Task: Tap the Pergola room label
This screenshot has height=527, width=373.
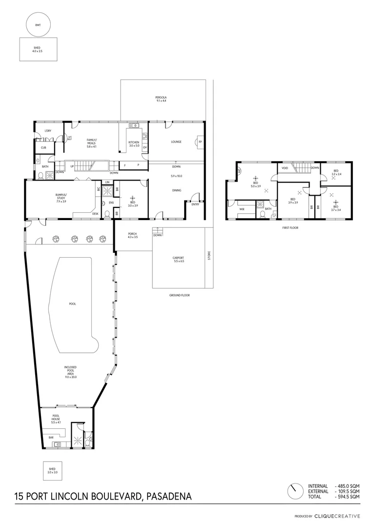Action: click(x=162, y=99)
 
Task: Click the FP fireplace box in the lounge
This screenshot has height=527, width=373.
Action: click(x=200, y=142)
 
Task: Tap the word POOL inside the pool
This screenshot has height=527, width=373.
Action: click(x=72, y=304)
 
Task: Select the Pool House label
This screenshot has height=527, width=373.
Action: click(x=56, y=419)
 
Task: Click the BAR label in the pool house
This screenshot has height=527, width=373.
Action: click(x=51, y=437)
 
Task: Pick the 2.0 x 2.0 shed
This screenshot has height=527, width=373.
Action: click(x=52, y=471)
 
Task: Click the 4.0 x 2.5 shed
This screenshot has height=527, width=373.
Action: click(x=38, y=49)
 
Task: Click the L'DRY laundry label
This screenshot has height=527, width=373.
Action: click(x=48, y=131)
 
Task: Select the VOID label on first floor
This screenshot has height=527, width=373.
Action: click(x=284, y=168)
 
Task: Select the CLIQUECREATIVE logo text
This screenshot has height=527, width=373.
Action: click(x=337, y=516)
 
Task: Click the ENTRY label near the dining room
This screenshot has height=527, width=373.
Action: click(x=195, y=204)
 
